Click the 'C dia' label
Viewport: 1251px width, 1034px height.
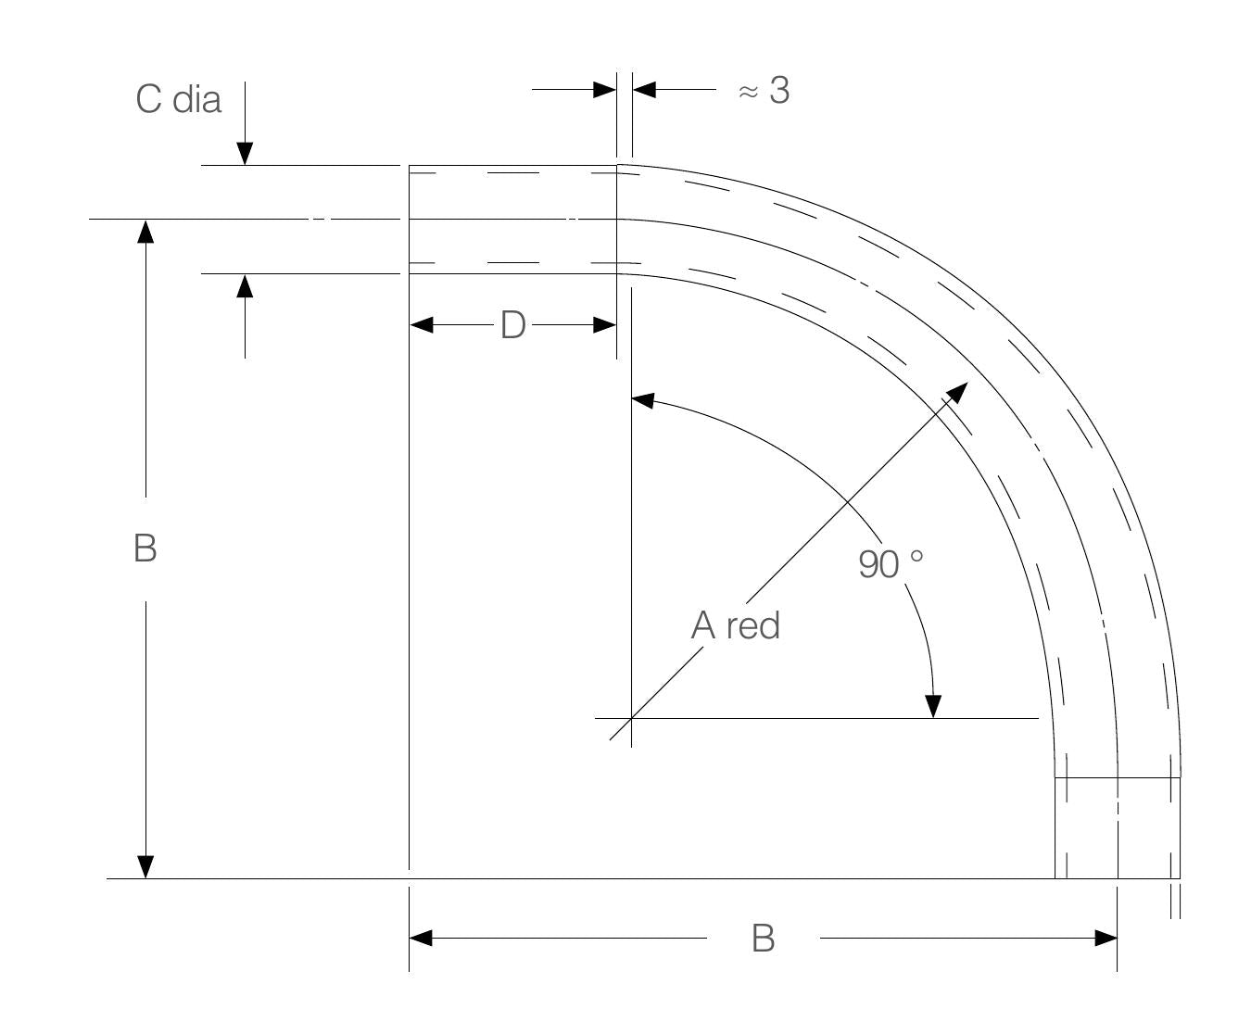click(x=178, y=99)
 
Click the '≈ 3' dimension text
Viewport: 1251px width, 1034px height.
click(x=764, y=91)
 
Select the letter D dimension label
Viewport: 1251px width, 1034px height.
click(x=512, y=325)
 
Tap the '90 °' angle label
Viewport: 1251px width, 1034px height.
click(x=891, y=563)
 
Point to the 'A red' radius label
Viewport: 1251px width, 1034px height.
click(x=736, y=625)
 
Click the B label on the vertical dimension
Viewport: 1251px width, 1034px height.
click(x=145, y=549)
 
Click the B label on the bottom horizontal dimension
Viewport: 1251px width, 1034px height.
click(x=763, y=939)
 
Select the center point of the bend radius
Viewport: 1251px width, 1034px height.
click(x=631, y=718)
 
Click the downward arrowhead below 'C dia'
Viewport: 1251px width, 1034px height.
click(x=245, y=154)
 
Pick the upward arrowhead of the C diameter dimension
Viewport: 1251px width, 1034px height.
click(x=245, y=285)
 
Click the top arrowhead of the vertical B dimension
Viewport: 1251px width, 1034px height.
click(x=145, y=231)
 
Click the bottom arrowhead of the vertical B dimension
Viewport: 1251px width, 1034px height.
click(x=145, y=866)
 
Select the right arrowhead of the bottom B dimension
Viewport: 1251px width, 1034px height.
click(x=1106, y=939)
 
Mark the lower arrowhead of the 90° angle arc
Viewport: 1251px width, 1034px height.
click(x=934, y=706)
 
